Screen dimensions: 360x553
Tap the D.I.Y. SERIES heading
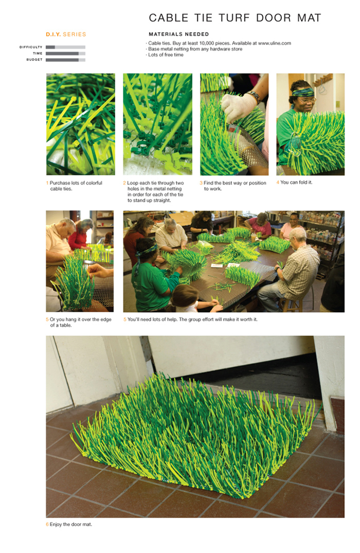66,34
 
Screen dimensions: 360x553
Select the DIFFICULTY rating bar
66,47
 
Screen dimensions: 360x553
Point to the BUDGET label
34,60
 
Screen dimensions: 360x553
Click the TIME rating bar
66,53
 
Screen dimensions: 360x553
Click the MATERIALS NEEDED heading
179,34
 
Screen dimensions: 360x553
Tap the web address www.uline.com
274,43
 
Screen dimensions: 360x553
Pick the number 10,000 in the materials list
207,43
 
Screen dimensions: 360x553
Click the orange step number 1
47,183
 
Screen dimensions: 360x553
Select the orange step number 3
201,183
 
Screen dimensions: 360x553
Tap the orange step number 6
47,524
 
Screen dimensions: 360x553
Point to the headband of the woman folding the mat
303,93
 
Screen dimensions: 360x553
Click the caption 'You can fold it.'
296,182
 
